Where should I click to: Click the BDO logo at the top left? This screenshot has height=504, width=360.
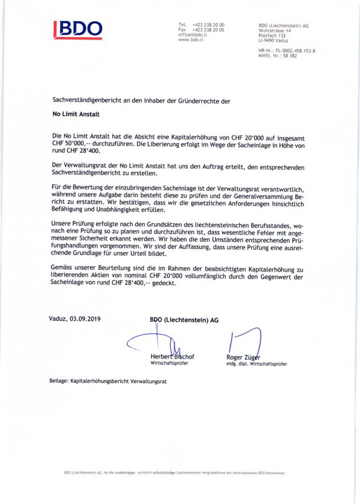pos(78,30)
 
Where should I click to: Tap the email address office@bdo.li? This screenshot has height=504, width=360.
pos(192,35)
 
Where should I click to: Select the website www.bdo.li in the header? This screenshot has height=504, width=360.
pos(191,40)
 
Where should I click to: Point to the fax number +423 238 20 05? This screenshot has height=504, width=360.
pos(209,30)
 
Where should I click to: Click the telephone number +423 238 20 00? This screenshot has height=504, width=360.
pos(209,25)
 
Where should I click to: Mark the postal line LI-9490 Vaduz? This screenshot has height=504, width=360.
pos(274,41)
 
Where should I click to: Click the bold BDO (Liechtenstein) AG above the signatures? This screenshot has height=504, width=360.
pos(183,320)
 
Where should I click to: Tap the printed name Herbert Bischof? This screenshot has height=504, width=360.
pos(172,357)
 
